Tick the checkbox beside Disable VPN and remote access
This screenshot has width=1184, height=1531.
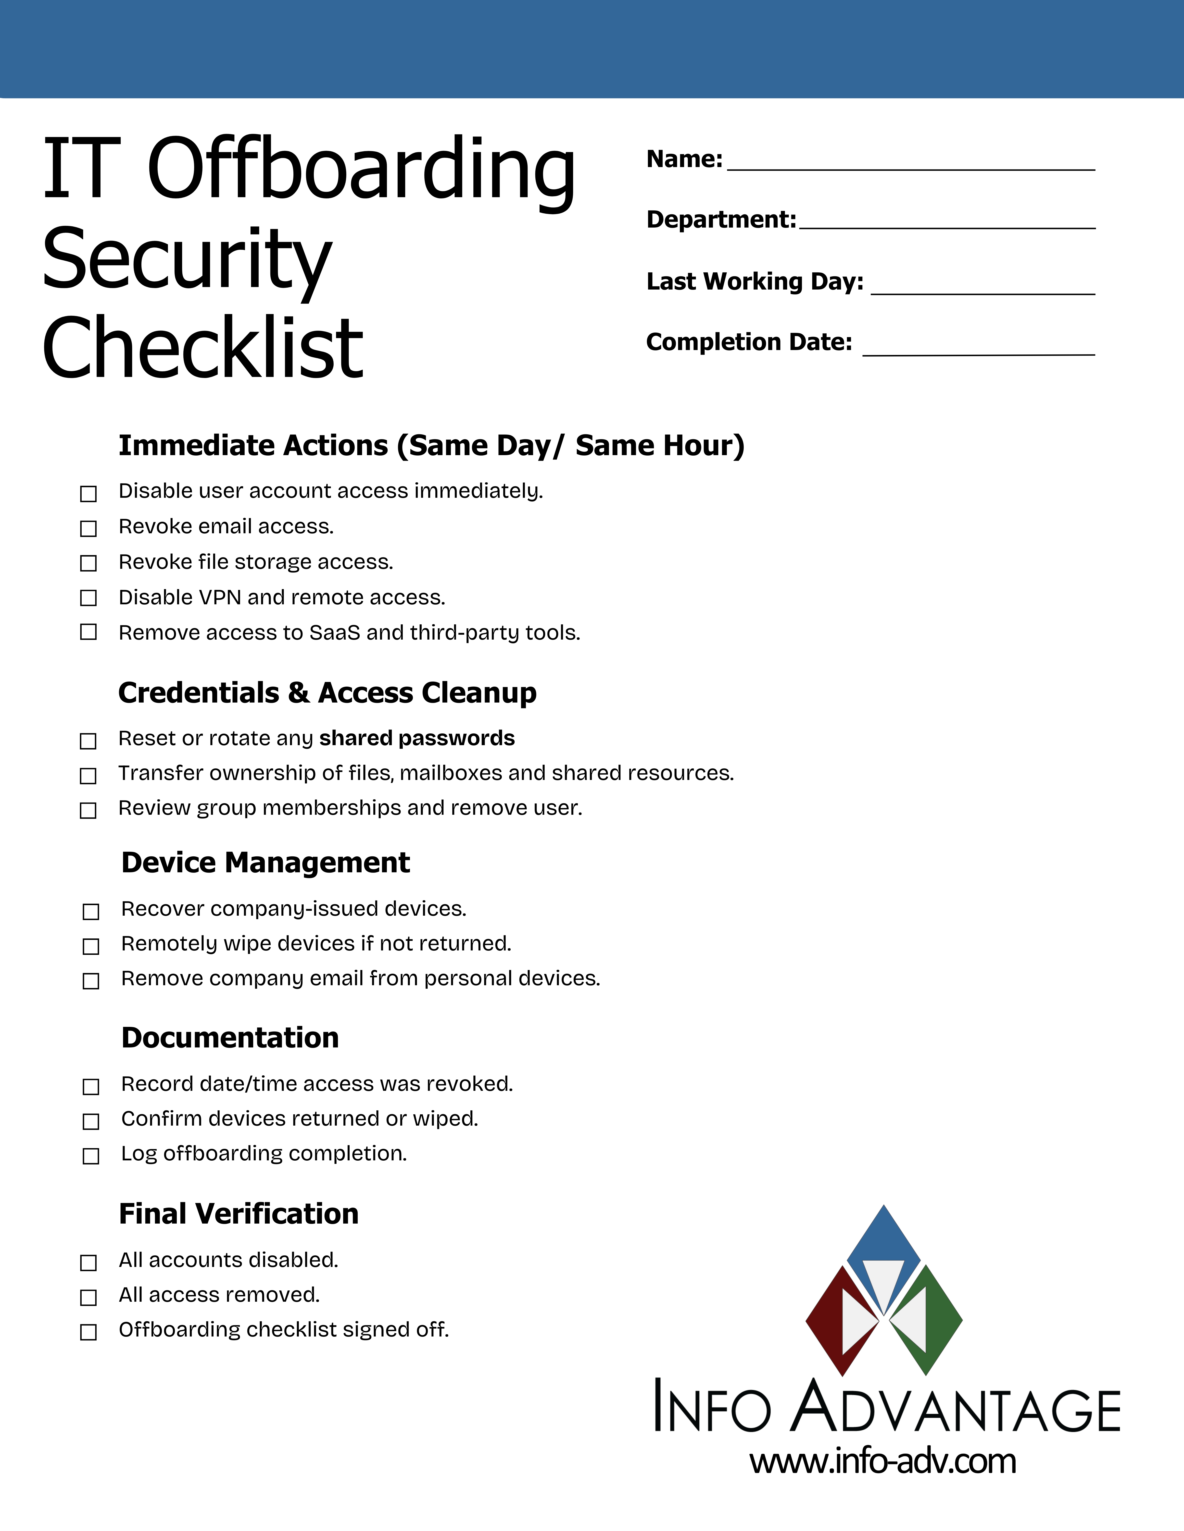(88, 598)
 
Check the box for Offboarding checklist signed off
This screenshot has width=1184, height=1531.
(88, 1332)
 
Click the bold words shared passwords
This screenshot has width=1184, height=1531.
(417, 738)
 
